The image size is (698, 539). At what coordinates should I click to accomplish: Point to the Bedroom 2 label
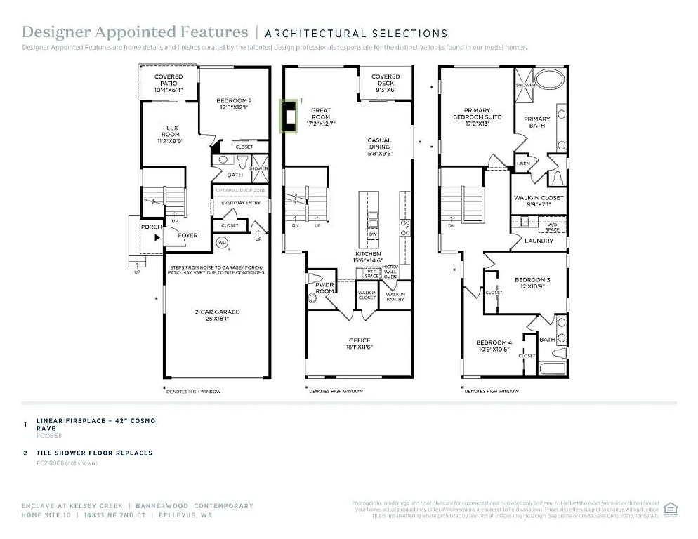pos(234,104)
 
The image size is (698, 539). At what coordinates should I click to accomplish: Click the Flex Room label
pos(171,131)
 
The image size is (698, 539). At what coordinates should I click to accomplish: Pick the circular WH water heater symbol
pos(223,244)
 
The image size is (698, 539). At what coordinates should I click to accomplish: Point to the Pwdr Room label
pos(324,288)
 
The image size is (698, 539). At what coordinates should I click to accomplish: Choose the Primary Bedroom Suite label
pos(477,117)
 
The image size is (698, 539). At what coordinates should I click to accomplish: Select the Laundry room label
pos(539,241)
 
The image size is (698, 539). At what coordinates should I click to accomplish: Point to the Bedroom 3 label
pos(532,282)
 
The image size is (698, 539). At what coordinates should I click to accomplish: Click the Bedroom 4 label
pos(494,345)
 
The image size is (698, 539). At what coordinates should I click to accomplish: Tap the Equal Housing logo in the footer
pos(670,507)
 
